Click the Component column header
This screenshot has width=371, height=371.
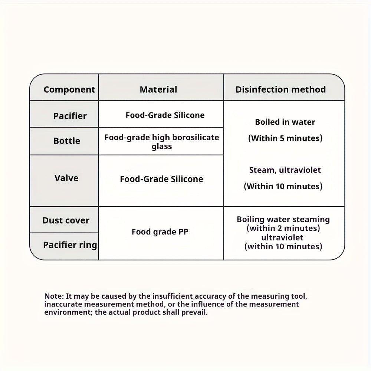tap(69, 89)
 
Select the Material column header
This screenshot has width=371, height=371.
tap(158, 89)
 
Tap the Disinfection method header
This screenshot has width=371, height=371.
tap(280, 89)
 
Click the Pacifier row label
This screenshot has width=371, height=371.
tap(70, 116)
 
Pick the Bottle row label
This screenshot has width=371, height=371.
tap(67, 141)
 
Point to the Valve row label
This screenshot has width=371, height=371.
tap(66, 178)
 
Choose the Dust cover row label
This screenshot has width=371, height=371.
tap(66, 220)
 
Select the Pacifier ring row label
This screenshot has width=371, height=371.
tap(70, 245)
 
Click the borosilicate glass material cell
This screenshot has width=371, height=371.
tap(162, 142)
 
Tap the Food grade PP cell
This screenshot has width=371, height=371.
tap(160, 232)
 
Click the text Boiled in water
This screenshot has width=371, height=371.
tap(285, 122)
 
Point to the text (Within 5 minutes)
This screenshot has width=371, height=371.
tap(285, 138)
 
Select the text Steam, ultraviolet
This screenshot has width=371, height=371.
tap(285, 170)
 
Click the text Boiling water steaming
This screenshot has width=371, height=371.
tap(283, 219)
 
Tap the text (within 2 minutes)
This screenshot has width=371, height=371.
tap(283, 228)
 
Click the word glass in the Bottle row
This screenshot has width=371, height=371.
tap(162, 147)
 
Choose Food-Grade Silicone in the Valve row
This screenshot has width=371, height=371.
tap(161, 179)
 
